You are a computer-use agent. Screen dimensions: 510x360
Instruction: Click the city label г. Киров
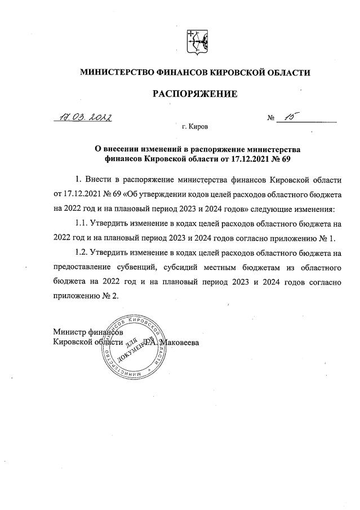tap(195, 127)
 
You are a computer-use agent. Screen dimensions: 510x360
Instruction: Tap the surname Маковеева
tap(180, 342)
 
